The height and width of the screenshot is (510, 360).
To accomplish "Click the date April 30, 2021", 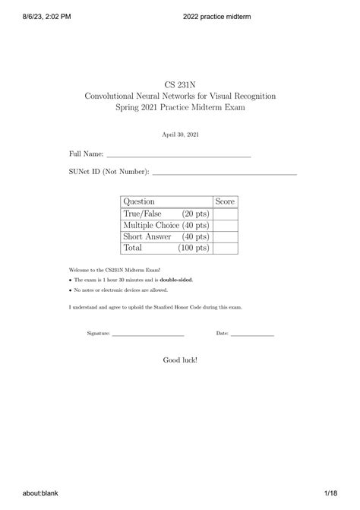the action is pyautogui.click(x=180, y=135).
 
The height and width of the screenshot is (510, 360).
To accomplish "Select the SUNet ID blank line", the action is pyautogui.click(x=224, y=174).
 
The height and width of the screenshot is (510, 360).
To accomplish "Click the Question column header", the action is pyautogui.click(x=139, y=201).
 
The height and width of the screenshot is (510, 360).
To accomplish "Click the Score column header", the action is pyautogui.click(x=226, y=201).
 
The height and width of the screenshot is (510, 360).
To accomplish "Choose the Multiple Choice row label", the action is pyautogui.click(x=149, y=225).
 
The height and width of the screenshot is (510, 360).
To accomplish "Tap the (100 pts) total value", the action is pyautogui.click(x=194, y=248).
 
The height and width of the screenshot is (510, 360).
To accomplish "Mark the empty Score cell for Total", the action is pyautogui.click(x=226, y=248).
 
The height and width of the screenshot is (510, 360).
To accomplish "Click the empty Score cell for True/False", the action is pyautogui.click(x=226, y=214).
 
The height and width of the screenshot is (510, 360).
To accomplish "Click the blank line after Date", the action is pyautogui.click(x=252, y=335).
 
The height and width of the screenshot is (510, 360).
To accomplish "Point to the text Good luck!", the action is pyautogui.click(x=180, y=360).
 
